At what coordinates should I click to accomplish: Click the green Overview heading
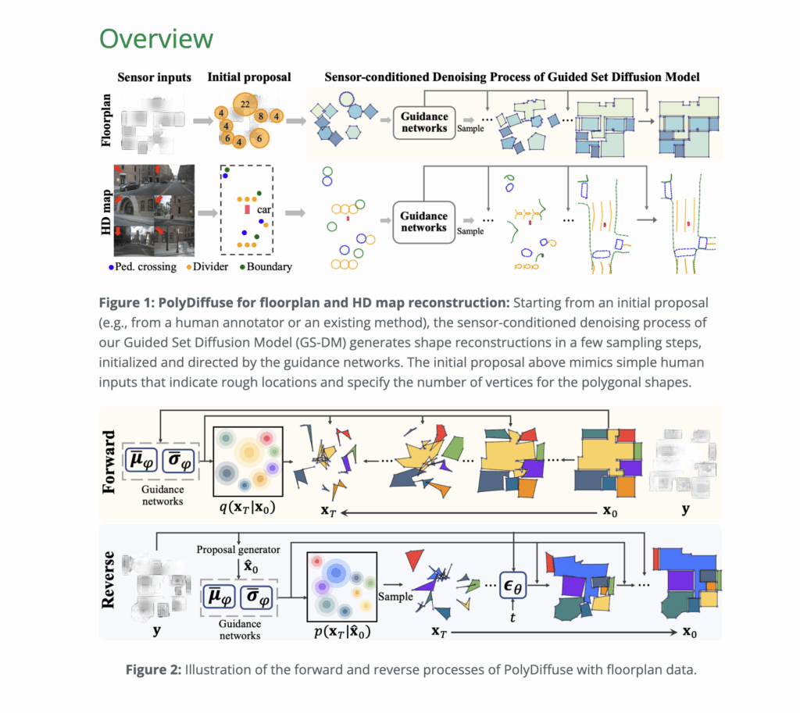tap(156, 39)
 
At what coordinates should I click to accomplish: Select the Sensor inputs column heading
tap(154, 77)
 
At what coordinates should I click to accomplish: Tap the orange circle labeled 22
tap(245, 105)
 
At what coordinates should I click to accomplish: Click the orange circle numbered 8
tap(261, 116)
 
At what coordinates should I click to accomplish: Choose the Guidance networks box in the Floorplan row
tap(424, 123)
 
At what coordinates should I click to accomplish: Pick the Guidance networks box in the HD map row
tap(423, 222)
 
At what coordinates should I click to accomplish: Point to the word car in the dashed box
tap(264, 209)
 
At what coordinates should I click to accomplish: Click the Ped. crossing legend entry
tap(142, 267)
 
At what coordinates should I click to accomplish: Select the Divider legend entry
tap(207, 267)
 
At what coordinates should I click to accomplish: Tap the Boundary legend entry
tap(266, 267)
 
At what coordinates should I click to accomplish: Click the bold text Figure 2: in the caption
tap(154, 669)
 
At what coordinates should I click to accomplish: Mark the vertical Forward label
tap(109, 462)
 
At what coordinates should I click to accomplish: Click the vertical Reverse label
tap(108, 580)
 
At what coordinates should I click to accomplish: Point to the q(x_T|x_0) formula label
tap(248, 508)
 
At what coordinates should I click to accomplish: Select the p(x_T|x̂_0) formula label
tap(342, 632)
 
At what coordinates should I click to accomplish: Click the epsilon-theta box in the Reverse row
tap(512, 585)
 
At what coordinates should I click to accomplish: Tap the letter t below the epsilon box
tap(512, 618)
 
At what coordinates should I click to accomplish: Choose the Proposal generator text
tap(238, 550)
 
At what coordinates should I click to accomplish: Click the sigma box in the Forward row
tap(179, 461)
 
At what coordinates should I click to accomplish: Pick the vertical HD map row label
tap(106, 212)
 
